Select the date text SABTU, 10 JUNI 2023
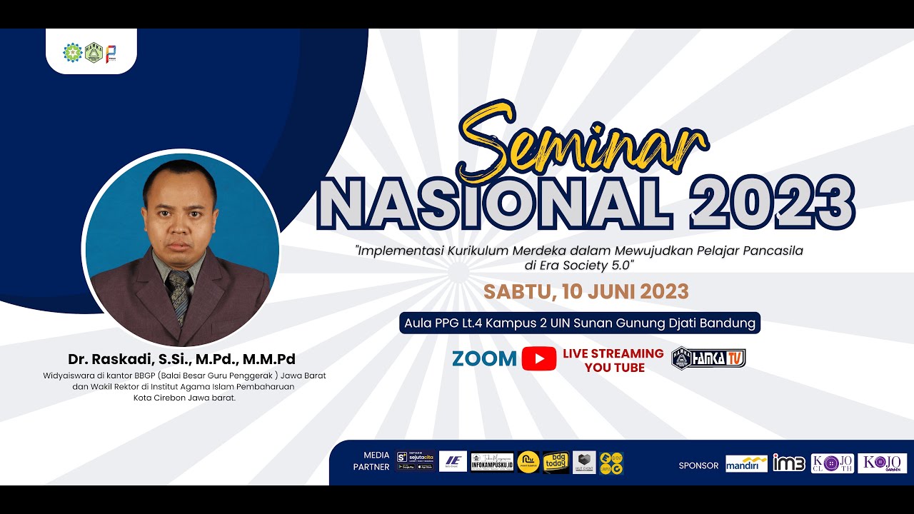pyautogui.click(x=586, y=292)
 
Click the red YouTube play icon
pyautogui.click(x=539, y=359)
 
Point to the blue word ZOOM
pyautogui.click(x=484, y=359)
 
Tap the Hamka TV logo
pyautogui.click(x=708, y=358)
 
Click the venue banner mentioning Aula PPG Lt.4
pyautogui.click(x=579, y=323)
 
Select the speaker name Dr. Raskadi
pyautogui.click(x=181, y=359)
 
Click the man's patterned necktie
pyautogui.click(x=179, y=293)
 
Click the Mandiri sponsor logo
pyautogui.click(x=746, y=464)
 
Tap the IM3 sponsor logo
pyautogui.click(x=788, y=463)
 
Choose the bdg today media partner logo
pyautogui.click(x=556, y=463)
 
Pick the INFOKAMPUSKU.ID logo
pyautogui.click(x=492, y=463)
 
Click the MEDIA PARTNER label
pyautogui.click(x=376, y=461)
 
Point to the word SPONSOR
pyautogui.click(x=698, y=465)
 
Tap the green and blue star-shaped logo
pyautogui.click(x=73, y=53)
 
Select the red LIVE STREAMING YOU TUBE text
pyautogui.click(x=613, y=361)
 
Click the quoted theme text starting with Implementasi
pyautogui.click(x=579, y=258)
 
